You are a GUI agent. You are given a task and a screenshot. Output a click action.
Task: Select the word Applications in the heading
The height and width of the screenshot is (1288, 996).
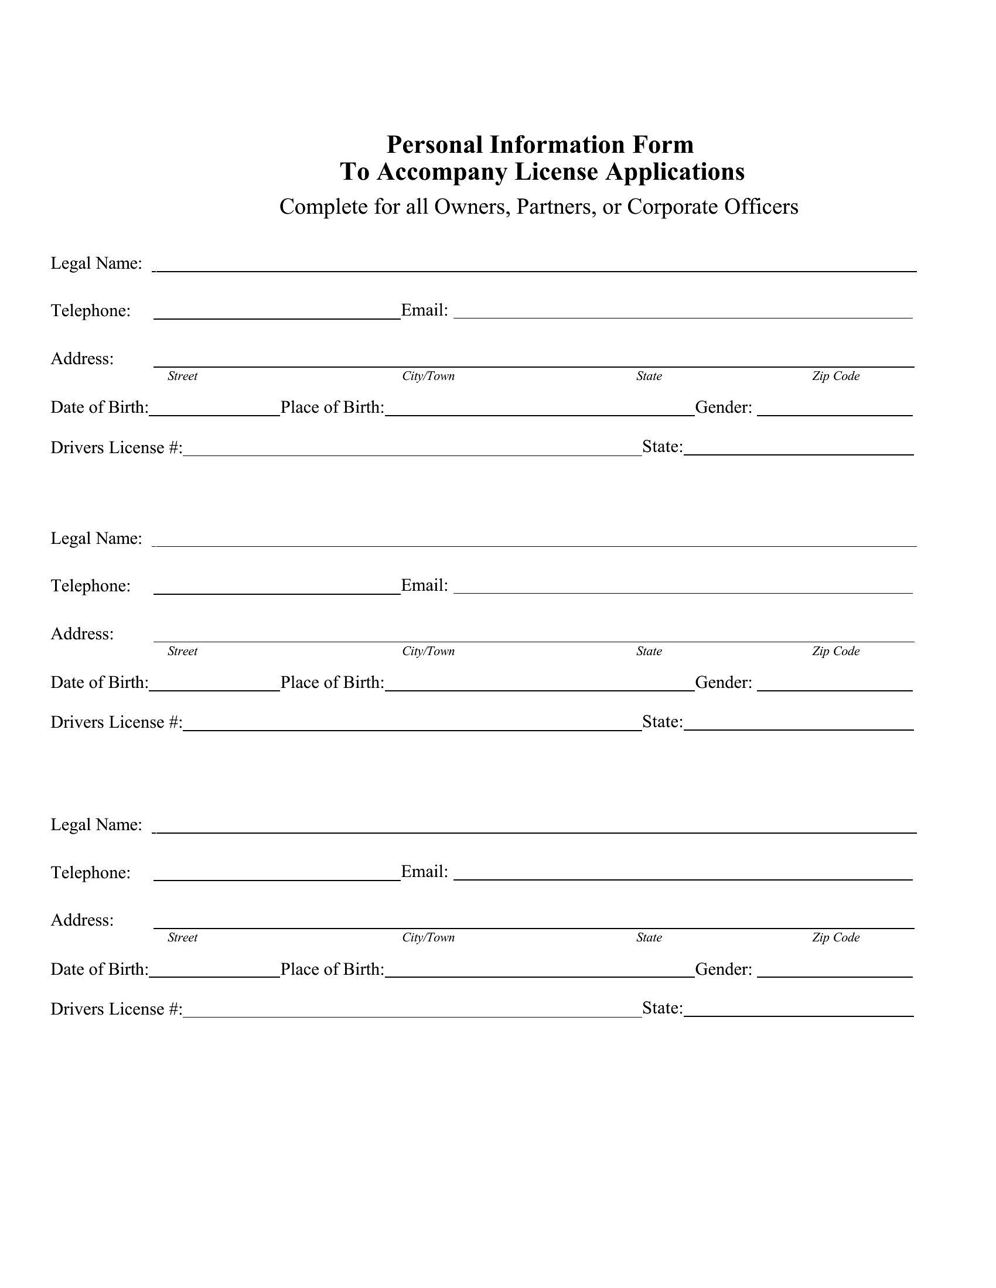(675, 172)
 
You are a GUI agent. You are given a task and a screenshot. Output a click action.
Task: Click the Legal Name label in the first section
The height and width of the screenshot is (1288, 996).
(96, 263)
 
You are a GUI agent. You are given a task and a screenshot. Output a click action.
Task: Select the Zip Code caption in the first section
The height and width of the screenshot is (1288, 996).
(835, 376)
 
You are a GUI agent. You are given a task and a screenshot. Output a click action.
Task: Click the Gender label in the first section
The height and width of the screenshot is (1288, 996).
(724, 407)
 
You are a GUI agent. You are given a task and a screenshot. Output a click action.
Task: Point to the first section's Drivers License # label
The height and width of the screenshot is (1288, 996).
(116, 448)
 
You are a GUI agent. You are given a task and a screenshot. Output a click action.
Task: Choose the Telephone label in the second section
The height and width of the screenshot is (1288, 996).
(90, 586)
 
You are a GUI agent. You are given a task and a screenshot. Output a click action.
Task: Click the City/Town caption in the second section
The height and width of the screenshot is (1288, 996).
(428, 652)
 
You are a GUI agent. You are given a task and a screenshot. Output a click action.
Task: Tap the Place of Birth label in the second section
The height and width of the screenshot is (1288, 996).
(332, 683)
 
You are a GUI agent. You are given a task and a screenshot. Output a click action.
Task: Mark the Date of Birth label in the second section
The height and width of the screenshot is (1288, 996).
(99, 683)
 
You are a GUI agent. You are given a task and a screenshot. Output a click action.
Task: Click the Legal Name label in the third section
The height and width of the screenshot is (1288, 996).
(96, 825)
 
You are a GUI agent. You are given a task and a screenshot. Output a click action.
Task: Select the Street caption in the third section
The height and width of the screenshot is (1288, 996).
(182, 938)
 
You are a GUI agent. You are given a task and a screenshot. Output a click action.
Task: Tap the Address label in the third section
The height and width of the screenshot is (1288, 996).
(82, 920)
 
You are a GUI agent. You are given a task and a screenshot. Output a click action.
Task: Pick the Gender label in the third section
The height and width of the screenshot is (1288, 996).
(724, 970)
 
